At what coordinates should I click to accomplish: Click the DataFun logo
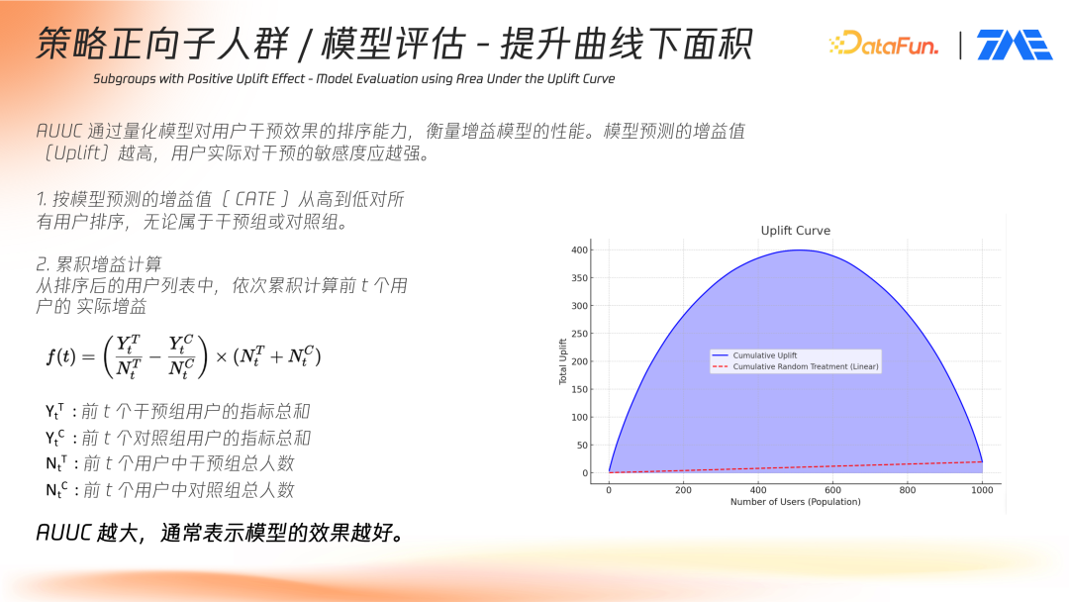[x=884, y=45]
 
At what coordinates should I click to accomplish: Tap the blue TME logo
[x=1015, y=45]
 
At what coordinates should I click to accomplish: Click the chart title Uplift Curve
[x=796, y=231]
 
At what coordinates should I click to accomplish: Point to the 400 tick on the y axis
[x=579, y=251]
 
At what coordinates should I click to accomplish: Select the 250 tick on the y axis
[x=579, y=334]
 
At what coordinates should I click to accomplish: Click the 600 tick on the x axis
[x=832, y=489]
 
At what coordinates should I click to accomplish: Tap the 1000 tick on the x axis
[x=982, y=489]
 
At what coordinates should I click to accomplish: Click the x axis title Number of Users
[x=796, y=502]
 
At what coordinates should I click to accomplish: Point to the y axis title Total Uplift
[x=563, y=361]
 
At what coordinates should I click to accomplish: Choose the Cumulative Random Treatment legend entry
[x=796, y=366]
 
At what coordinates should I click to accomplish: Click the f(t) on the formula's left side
[x=61, y=355]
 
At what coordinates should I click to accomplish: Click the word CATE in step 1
[x=255, y=199]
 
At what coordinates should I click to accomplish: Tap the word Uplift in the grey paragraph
[x=77, y=152]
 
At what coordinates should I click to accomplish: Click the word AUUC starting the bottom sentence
[x=62, y=533]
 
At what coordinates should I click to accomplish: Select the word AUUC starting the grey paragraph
[x=58, y=131]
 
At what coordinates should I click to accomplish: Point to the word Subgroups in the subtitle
[x=124, y=79]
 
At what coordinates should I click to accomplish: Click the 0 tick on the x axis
[x=609, y=489]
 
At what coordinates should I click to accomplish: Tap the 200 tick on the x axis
[x=683, y=489]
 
